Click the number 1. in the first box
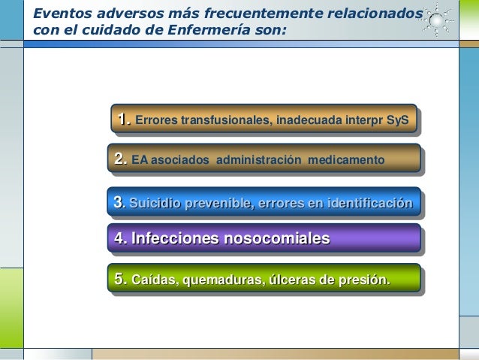click(122, 119)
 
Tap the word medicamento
click(349, 160)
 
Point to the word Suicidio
click(154, 202)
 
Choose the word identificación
click(369, 202)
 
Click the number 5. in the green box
click(120, 280)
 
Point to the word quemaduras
click(218, 281)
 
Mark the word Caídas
click(153, 281)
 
